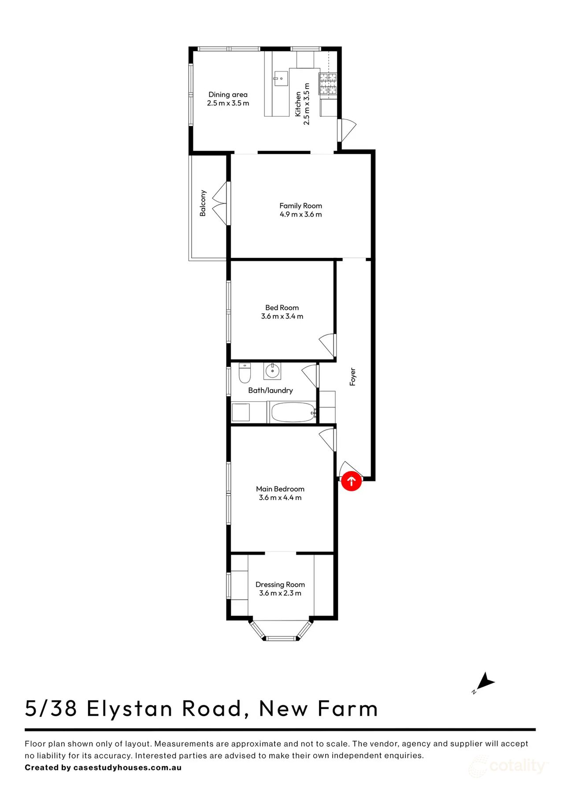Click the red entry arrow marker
tap(352, 481)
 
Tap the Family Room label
tap(301, 206)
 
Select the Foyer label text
tap(352, 377)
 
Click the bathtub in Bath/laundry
tap(293, 412)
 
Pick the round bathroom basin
tap(273, 371)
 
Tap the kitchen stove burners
tap(328, 84)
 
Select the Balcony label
tap(203, 203)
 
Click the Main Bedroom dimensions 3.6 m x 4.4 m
tap(280, 497)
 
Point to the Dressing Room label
tap(280, 584)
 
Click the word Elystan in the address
tap(130, 708)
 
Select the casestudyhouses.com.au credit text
tap(127, 767)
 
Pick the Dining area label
tap(228, 94)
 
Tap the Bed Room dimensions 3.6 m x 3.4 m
tap(282, 316)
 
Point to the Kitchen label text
tap(298, 104)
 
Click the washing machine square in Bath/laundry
tap(241, 412)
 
